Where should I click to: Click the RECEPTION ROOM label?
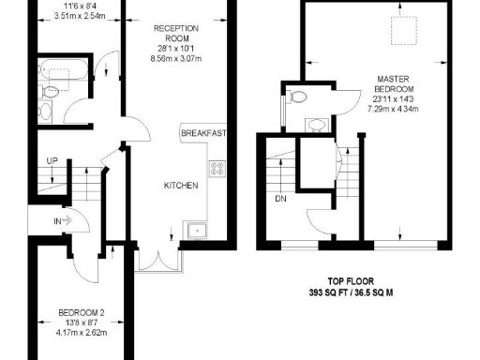click(x=177, y=34)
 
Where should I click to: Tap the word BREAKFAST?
click(x=203, y=134)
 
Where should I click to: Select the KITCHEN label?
click(x=181, y=186)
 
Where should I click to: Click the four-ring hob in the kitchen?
click(x=217, y=169)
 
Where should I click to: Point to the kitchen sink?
click(x=197, y=229)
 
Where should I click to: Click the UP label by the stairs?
click(x=52, y=162)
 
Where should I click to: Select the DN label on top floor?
click(x=280, y=199)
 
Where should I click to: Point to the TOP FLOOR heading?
click(x=352, y=279)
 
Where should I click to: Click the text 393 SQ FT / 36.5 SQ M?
click(x=352, y=292)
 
